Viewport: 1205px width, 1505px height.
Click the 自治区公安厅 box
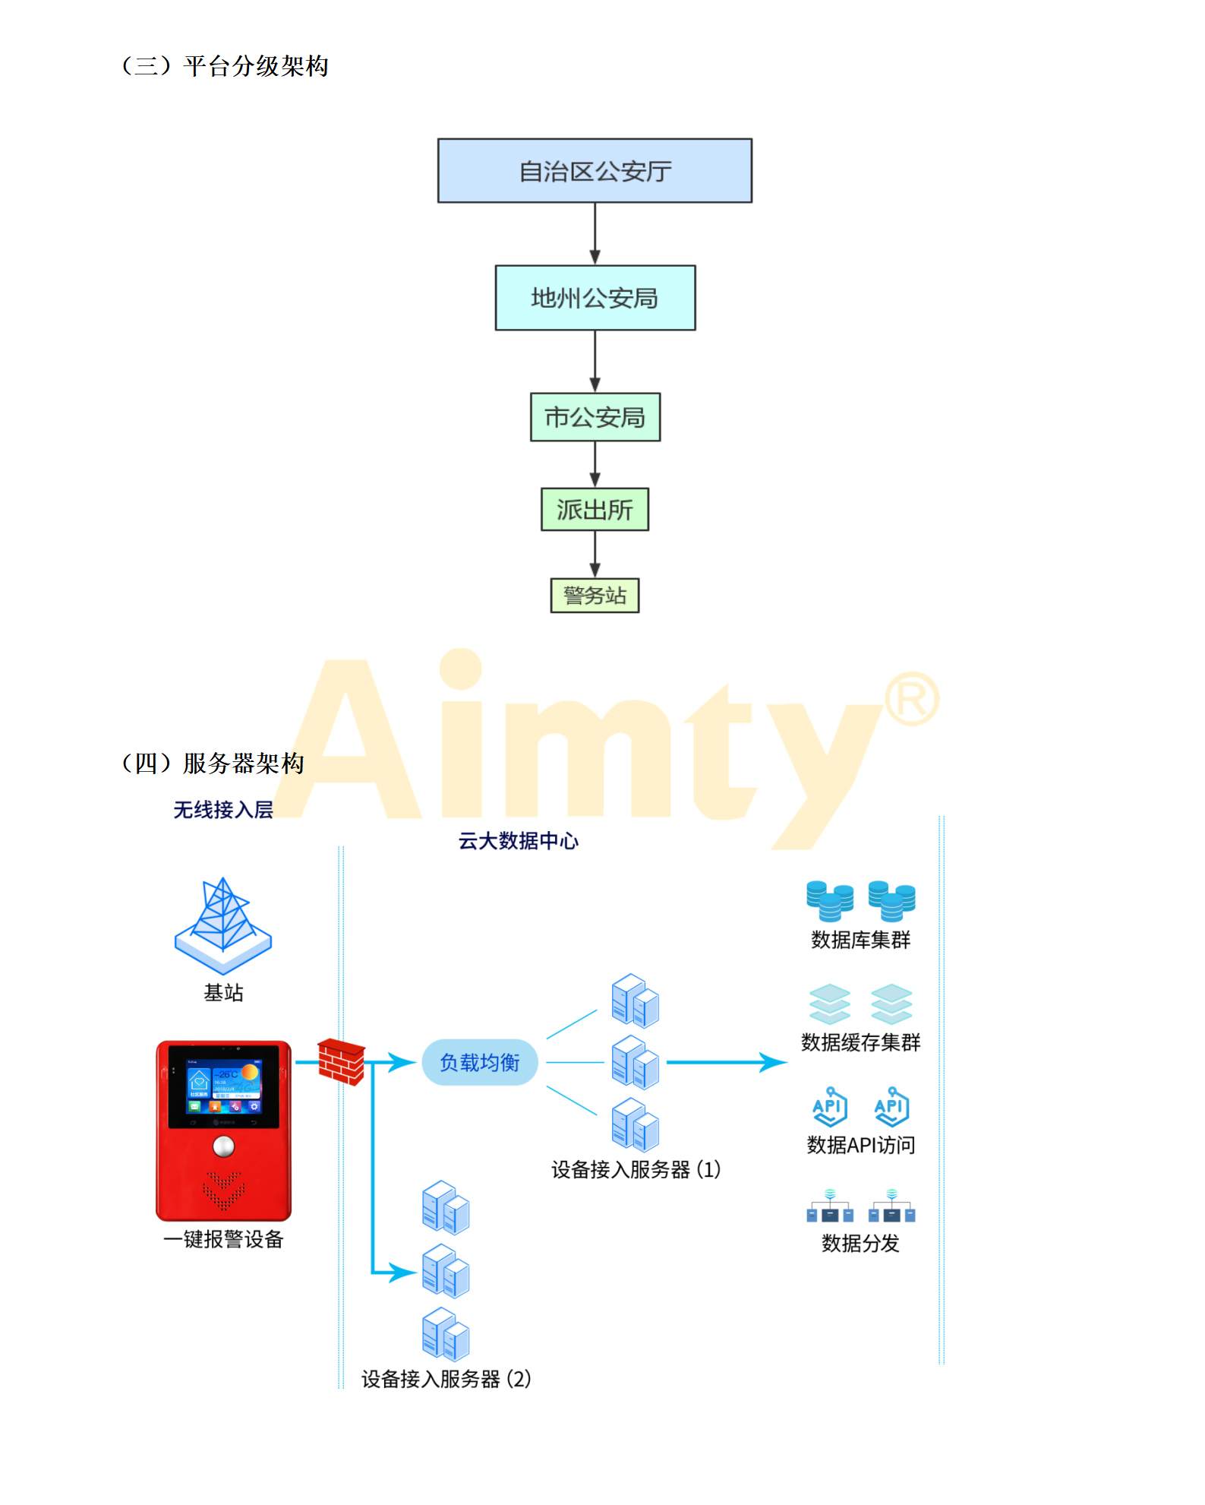coord(595,171)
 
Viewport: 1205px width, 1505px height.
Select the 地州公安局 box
coord(595,298)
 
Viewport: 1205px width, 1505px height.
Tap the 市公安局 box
coord(595,417)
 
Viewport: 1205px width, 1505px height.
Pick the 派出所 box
coord(595,509)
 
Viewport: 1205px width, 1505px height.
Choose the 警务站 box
coord(595,595)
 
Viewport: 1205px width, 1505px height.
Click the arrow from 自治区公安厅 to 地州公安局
coord(595,234)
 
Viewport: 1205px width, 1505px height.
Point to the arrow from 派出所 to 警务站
coord(595,555)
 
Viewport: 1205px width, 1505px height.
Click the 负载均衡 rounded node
coord(480,1062)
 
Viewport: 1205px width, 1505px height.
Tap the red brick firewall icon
coord(341,1062)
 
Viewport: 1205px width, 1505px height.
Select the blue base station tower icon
coord(223,925)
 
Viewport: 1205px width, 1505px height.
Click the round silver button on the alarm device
coord(223,1146)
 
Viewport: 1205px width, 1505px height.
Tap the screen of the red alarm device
coord(223,1087)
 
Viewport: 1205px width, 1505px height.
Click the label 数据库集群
coord(860,941)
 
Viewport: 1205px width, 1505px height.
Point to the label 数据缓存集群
coord(860,1042)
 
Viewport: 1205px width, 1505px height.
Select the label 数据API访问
coord(860,1145)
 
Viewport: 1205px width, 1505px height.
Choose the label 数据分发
coord(860,1243)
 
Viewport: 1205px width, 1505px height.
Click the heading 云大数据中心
coord(518,841)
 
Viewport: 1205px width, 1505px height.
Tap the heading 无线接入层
coord(223,810)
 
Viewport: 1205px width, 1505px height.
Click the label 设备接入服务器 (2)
coord(446,1379)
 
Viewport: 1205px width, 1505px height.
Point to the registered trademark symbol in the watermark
coord(912,699)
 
